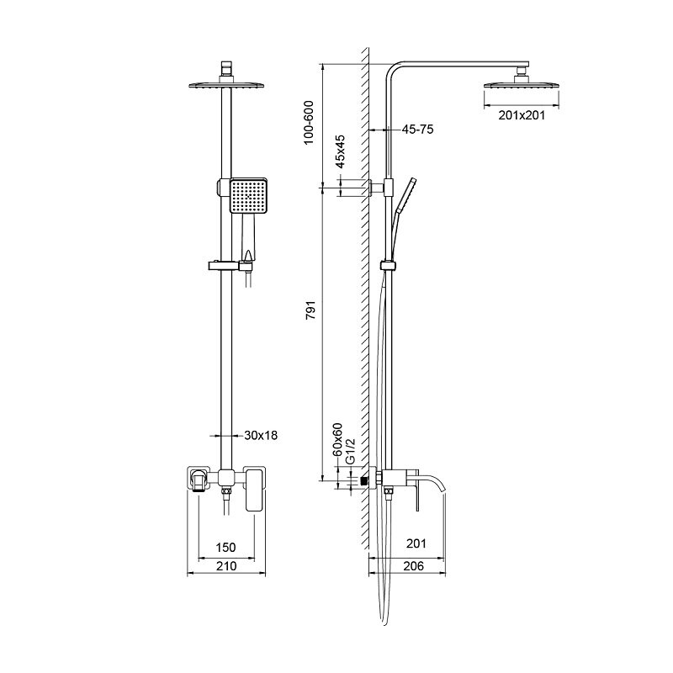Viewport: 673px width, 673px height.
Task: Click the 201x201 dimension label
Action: [522, 115]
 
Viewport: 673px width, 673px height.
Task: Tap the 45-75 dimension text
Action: [417, 130]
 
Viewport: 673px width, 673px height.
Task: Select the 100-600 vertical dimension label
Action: [309, 123]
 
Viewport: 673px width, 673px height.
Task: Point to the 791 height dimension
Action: [310, 310]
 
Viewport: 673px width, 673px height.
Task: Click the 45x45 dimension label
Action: [340, 151]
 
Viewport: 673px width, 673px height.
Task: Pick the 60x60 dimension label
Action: [338, 439]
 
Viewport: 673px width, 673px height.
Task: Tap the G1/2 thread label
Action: [351, 451]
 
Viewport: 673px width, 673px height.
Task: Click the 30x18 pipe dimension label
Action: [261, 435]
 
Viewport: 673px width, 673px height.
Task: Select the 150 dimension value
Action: [225, 548]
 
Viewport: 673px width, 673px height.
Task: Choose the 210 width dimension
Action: [226, 566]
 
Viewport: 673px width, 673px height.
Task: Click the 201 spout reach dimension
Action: [416, 543]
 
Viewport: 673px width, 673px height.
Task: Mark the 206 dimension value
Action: [414, 566]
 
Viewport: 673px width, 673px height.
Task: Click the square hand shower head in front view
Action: [248, 196]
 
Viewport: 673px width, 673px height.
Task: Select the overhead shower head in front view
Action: [226, 83]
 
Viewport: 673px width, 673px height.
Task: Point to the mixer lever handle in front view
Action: [255, 490]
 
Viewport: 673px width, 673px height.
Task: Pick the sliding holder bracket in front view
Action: [231, 266]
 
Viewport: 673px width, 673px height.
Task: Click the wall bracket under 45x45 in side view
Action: [376, 188]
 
